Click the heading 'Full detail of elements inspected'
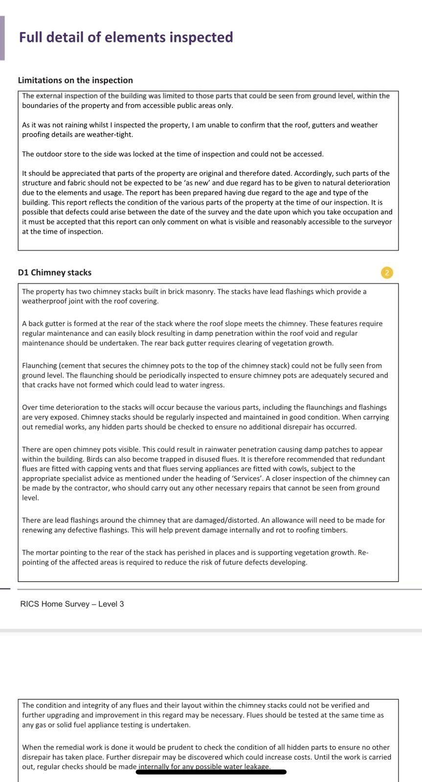pyautogui.click(x=126, y=38)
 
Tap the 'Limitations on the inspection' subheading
pyautogui.click(x=75, y=80)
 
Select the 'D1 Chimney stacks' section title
pyautogui.click(x=54, y=273)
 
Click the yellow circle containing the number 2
pyautogui.click(x=387, y=273)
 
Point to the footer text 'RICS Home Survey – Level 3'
pyautogui.click(x=72, y=604)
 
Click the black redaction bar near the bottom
pyautogui.click(x=211, y=772)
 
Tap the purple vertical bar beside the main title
pyautogui.click(x=2, y=38)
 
